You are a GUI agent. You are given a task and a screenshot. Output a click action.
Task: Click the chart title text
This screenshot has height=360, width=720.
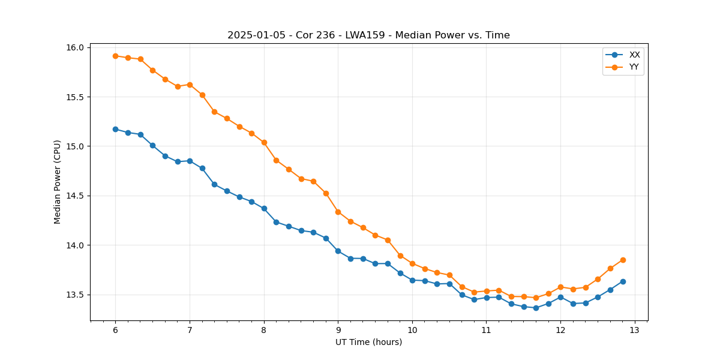pos(368,35)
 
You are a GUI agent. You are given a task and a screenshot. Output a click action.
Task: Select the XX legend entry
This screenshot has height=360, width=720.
pos(634,55)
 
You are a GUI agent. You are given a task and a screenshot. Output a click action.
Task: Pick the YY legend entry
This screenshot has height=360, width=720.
pos(634,67)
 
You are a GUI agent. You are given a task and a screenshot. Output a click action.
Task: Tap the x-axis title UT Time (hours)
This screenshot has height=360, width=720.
pos(368,342)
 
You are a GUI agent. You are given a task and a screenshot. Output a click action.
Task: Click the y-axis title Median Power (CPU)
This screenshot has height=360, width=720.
pos(58,182)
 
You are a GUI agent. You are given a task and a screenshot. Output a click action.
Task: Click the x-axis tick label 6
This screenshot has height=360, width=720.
pos(115,331)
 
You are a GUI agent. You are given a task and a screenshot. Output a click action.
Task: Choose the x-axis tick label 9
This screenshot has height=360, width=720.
pos(338,331)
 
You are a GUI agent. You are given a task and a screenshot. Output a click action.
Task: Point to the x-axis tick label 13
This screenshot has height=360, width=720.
pos(635,331)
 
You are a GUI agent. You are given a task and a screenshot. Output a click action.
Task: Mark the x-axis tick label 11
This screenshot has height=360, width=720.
pos(487,331)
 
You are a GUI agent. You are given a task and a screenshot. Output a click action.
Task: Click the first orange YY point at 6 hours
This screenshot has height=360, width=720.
pos(115,56)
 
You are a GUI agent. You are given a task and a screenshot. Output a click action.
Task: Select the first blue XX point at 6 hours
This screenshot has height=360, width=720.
pos(115,129)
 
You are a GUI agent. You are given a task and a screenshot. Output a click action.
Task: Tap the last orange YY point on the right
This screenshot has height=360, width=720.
pos(623,260)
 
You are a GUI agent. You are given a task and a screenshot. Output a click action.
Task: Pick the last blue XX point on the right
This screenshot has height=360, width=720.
pos(623,281)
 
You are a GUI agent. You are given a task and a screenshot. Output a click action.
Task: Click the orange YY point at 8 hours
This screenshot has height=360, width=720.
pos(264,142)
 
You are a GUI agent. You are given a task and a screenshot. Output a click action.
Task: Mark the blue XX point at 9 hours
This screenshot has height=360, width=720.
pos(338,251)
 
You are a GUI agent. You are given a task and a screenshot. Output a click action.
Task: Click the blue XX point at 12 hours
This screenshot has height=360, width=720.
pos(560,297)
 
